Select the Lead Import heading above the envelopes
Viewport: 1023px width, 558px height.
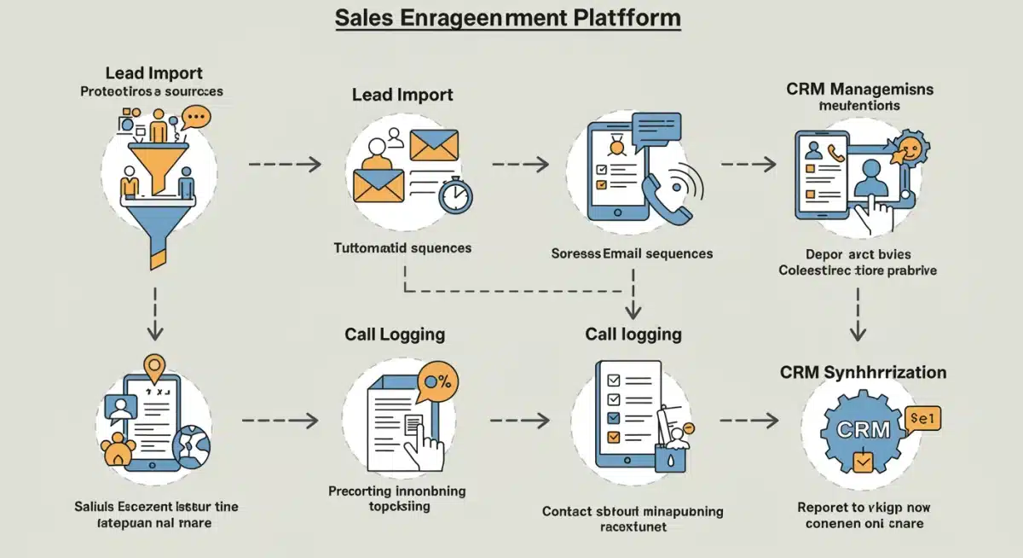pos(402,95)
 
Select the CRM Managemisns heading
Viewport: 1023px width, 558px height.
pos(859,89)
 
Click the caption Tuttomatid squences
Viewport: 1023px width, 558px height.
pos(402,248)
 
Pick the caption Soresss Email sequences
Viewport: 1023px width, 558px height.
pos(632,253)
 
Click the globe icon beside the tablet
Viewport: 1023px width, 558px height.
pos(191,445)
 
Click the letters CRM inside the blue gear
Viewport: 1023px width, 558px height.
pos(863,429)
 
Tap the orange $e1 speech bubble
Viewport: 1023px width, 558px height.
pos(924,418)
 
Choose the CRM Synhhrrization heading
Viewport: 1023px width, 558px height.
pos(863,372)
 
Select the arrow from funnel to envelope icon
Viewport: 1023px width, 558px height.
pos(285,163)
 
